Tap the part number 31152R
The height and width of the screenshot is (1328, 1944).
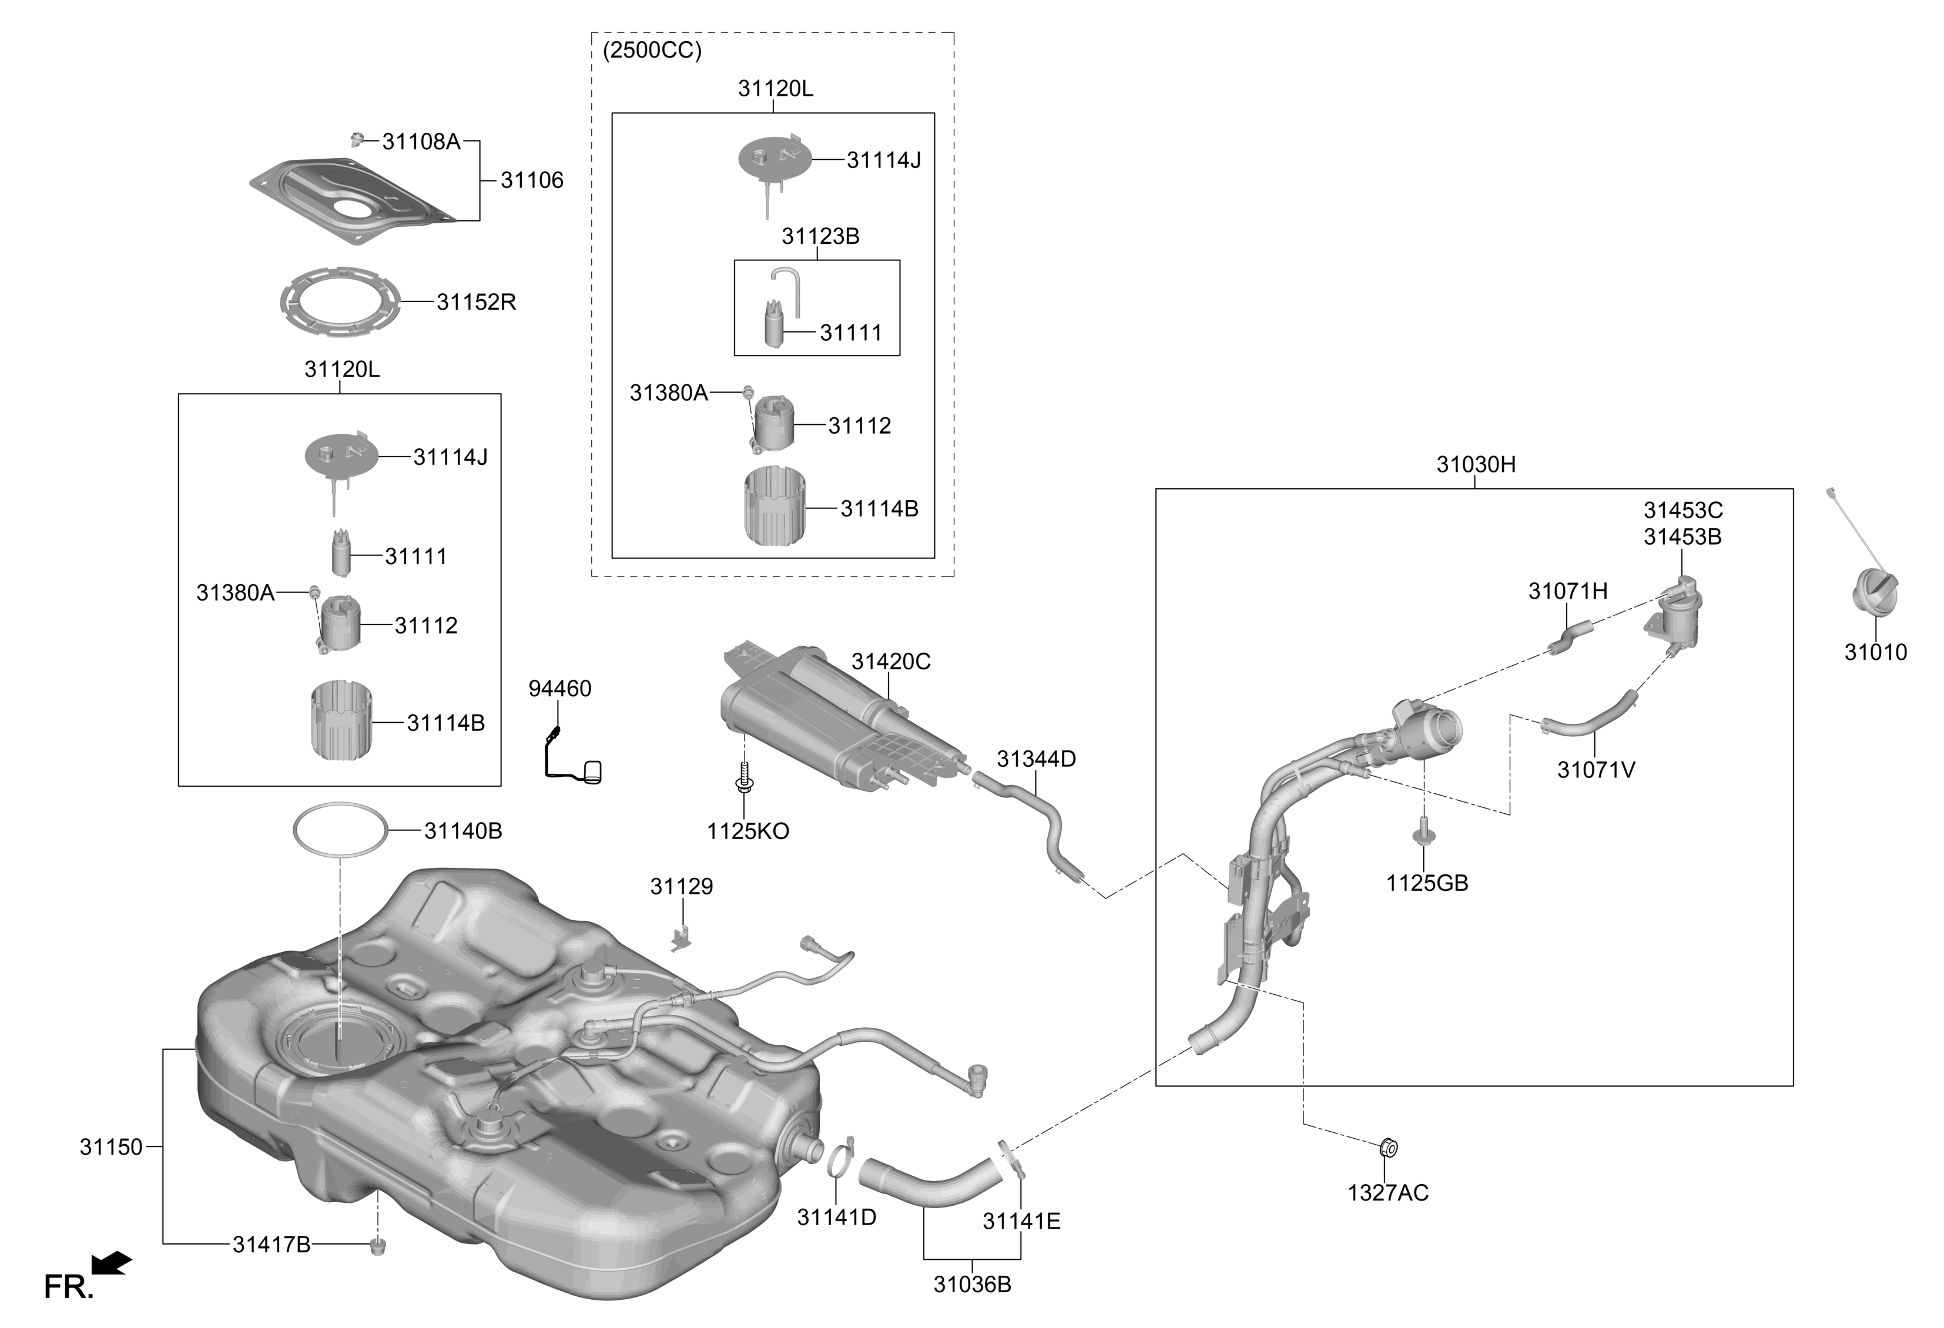click(x=476, y=302)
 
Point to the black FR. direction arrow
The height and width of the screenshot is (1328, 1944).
click(x=110, y=1263)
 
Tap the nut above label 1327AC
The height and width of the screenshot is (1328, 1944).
click(x=1387, y=1148)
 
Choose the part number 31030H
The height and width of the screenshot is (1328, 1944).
click(x=1476, y=464)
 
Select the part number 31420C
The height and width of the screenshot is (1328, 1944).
click(x=891, y=662)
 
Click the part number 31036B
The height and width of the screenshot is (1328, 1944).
click(x=972, y=1285)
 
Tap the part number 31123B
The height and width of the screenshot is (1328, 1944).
click(x=820, y=237)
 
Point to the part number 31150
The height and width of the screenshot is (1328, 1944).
click(x=111, y=1148)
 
